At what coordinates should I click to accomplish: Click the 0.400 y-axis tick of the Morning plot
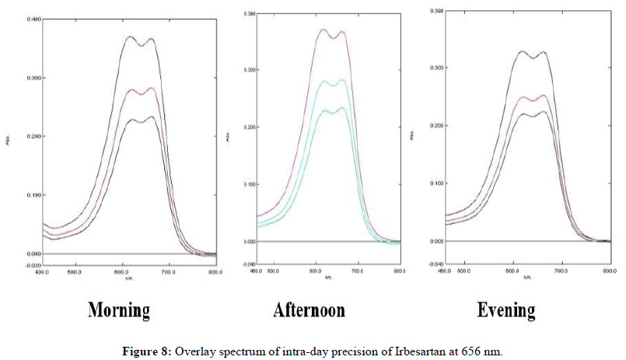[34, 19]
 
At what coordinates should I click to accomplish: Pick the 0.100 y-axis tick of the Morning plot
[34, 194]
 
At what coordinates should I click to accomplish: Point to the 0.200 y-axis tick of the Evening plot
[438, 125]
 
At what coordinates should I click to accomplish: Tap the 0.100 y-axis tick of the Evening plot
[438, 183]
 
